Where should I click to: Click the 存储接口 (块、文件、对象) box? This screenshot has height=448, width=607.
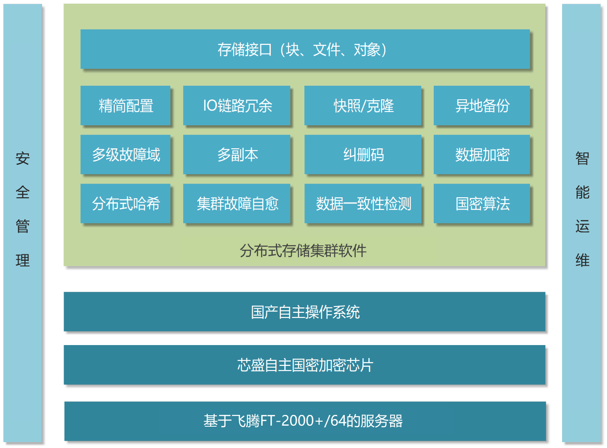tap(305, 49)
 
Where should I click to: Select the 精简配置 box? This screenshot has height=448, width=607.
tap(125, 105)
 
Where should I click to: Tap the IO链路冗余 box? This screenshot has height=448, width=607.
tap(236, 105)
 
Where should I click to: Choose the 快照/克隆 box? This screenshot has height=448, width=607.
tap(362, 105)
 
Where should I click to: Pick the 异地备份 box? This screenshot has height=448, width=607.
tap(482, 105)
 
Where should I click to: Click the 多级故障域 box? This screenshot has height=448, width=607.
tap(125, 154)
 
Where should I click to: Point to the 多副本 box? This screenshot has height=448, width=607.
tap(236, 154)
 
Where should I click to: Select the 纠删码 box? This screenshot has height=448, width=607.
tap(362, 154)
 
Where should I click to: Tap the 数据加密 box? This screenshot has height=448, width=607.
tap(482, 154)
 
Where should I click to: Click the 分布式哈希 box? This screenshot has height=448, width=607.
tap(125, 203)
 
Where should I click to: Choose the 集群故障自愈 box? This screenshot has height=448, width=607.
tap(236, 203)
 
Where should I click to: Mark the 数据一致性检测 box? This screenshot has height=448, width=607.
tap(362, 203)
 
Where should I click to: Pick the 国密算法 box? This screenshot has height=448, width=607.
tap(482, 203)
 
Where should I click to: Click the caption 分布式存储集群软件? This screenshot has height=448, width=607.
tap(303, 251)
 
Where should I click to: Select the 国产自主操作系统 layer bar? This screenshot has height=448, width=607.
tap(304, 312)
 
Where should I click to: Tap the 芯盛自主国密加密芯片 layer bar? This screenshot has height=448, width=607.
tap(304, 365)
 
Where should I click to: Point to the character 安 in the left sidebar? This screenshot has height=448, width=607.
tap(22, 158)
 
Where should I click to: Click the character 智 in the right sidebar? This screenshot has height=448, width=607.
tap(582, 158)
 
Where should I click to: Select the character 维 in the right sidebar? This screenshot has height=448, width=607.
tap(582, 260)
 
